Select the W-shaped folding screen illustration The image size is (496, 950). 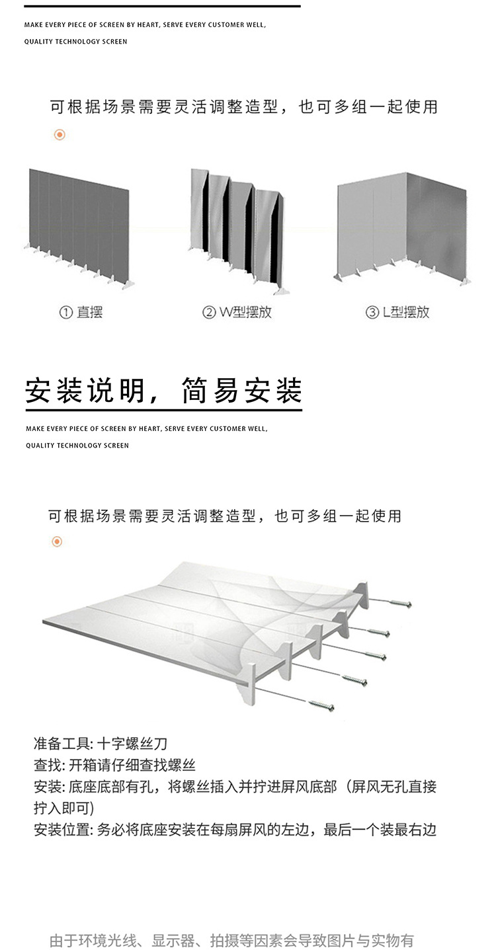coord(238,228)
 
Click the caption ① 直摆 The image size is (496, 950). coord(81,312)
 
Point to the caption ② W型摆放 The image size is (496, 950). coord(237,312)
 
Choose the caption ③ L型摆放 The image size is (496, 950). coord(397,312)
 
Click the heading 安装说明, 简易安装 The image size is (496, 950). coord(163,391)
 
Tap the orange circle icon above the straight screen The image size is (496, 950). coord(60,135)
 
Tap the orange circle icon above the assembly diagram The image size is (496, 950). coord(57,542)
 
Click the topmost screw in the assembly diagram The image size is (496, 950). coord(399,603)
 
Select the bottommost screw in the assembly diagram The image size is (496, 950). coord(321,705)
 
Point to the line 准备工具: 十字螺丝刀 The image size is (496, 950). coord(96,744)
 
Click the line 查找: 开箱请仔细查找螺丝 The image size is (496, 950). coord(114,766)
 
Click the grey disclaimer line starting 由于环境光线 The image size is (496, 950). coord(231,940)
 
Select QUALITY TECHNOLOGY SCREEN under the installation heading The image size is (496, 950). coord(77,446)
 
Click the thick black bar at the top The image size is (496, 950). coord(162,6)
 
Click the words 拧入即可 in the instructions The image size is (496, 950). coord(63,808)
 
